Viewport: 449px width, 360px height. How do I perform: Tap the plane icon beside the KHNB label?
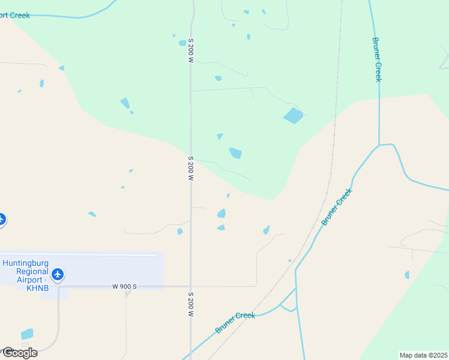pos(58,275)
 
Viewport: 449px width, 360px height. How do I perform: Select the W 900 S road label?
pos(124,287)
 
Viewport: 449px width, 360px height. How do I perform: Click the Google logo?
pos(20,353)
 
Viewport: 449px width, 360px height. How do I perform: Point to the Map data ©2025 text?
pos(423,355)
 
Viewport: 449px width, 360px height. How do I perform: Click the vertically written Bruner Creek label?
pos(376,59)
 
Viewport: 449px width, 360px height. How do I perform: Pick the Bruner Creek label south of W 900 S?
pos(235,323)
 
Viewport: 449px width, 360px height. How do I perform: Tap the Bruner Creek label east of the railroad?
pos(336,207)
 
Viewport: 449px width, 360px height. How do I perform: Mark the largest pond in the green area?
pos(293,115)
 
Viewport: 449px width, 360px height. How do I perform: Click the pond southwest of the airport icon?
pos(27,334)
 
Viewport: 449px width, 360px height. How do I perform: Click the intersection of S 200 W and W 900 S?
pos(191,287)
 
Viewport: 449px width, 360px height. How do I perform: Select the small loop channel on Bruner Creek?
pos(288,303)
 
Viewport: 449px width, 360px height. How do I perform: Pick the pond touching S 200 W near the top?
pos(182,43)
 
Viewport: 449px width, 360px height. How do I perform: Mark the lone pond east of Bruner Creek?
pos(407,275)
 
